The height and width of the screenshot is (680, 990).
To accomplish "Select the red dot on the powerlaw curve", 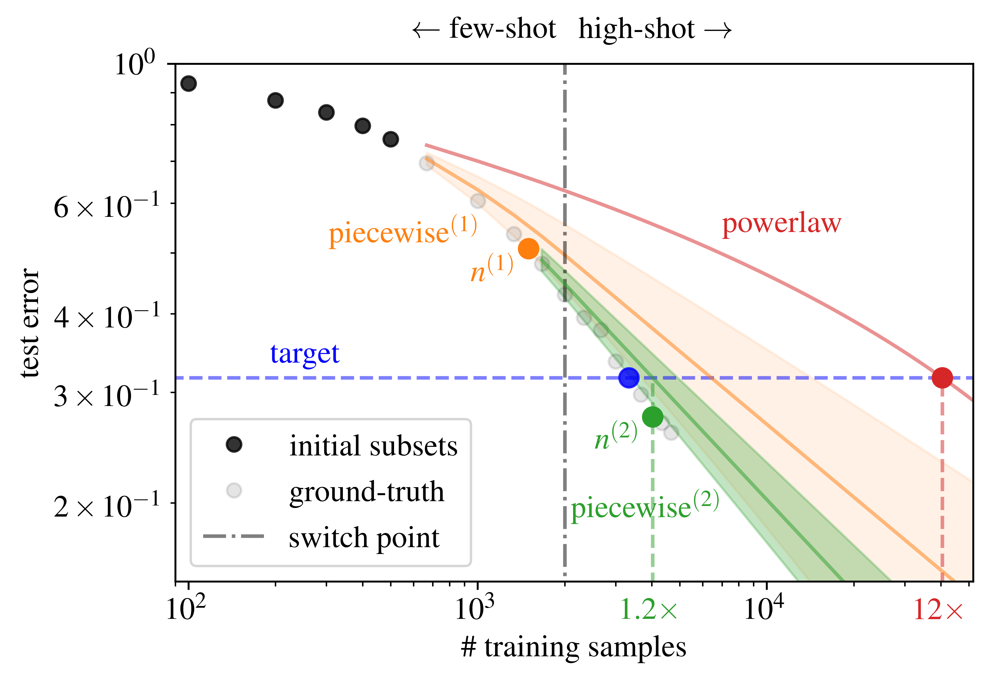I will [x=942, y=377].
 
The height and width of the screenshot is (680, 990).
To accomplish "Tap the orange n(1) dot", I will [x=528, y=248].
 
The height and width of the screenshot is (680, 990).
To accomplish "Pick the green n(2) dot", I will [x=652, y=417].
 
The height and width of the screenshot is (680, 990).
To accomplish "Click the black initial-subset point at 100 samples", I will [x=188, y=83].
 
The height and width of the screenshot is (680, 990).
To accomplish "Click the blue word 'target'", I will [x=305, y=354].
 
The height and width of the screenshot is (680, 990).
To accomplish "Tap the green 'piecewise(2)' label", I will [x=645, y=506].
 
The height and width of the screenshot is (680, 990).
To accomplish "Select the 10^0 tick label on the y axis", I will [x=135, y=65].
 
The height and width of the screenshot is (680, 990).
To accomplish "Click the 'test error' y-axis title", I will [x=30, y=323].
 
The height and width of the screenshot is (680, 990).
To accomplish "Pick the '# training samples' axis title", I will [x=573, y=648].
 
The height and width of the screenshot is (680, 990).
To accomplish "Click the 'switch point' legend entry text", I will [x=364, y=538].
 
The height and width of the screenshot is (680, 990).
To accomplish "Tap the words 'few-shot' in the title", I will [x=502, y=30].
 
